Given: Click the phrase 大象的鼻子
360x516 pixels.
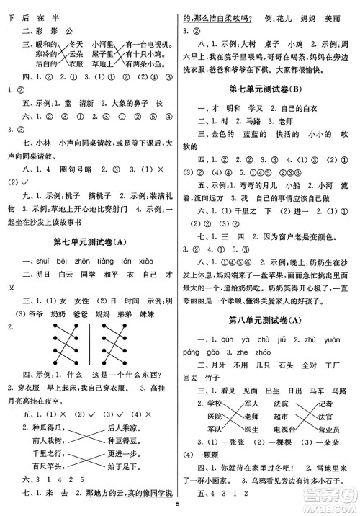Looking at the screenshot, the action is click(x=133, y=104).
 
